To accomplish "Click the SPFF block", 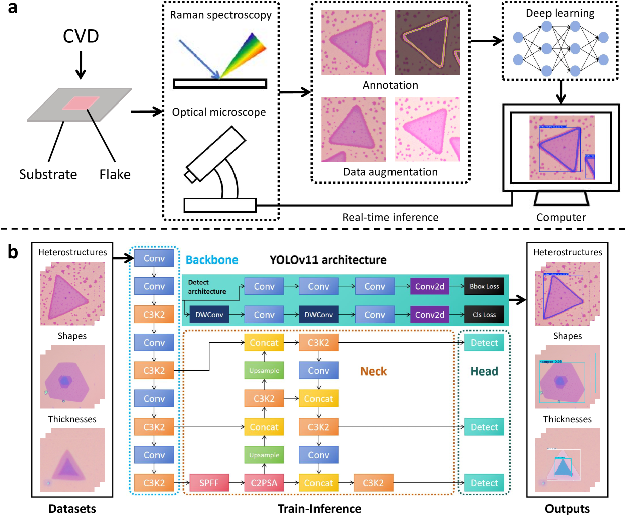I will click(209, 483).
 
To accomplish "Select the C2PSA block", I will click(264, 483).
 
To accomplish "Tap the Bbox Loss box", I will click(484, 286).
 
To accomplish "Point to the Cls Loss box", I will click(484, 315).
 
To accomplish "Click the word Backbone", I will click(212, 260).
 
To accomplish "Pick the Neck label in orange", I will click(373, 371).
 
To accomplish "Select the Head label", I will click(484, 371).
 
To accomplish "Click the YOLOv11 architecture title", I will click(328, 260).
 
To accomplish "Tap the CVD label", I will click(81, 36).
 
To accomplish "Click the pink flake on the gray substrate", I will click(81, 102).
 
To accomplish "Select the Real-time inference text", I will click(390, 217).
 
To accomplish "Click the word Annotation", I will click(390, 85).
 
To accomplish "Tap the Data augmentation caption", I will click(390, 172).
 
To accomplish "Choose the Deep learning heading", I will click(560, 13).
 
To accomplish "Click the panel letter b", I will click(13, 252).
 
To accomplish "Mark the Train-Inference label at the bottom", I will click(320, 509).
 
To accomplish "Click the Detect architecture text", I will click(207, 287).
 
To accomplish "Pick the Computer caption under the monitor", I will click(561, 217).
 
